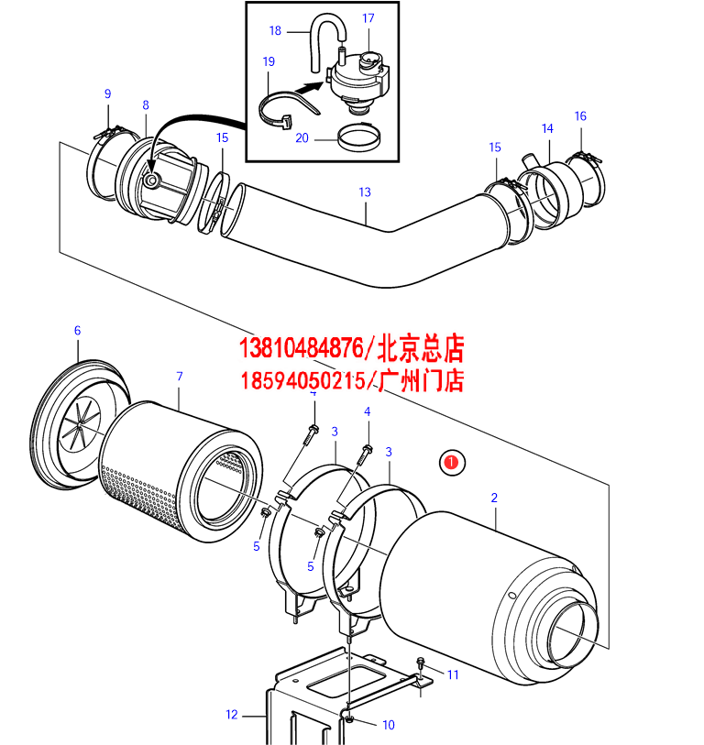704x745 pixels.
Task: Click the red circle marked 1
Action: click(x=452, y=462)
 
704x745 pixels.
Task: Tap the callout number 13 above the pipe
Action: click(x=365, y=192)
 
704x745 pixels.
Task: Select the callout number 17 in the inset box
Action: click(x=368, y=18)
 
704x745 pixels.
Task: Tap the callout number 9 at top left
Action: click(x=107, y=93)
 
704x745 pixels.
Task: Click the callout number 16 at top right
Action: click(x=580, y=116)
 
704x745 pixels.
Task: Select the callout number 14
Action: click(x=547, y=128)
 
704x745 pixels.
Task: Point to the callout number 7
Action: click(x=180, y=377)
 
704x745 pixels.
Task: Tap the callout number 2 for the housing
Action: click(x=494, y=498)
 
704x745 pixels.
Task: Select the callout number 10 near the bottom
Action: click(x=388, y=725)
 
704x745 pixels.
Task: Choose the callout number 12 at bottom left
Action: click(x=232, y=714)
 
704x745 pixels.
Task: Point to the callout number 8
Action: click(x=145, y=105)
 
